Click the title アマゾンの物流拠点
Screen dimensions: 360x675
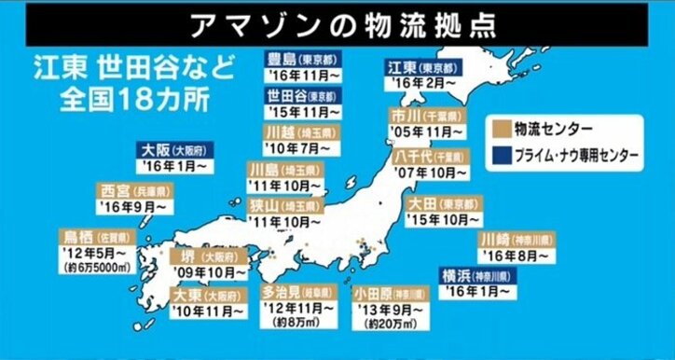(337, 21)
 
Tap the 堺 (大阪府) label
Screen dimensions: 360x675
(213, 256)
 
